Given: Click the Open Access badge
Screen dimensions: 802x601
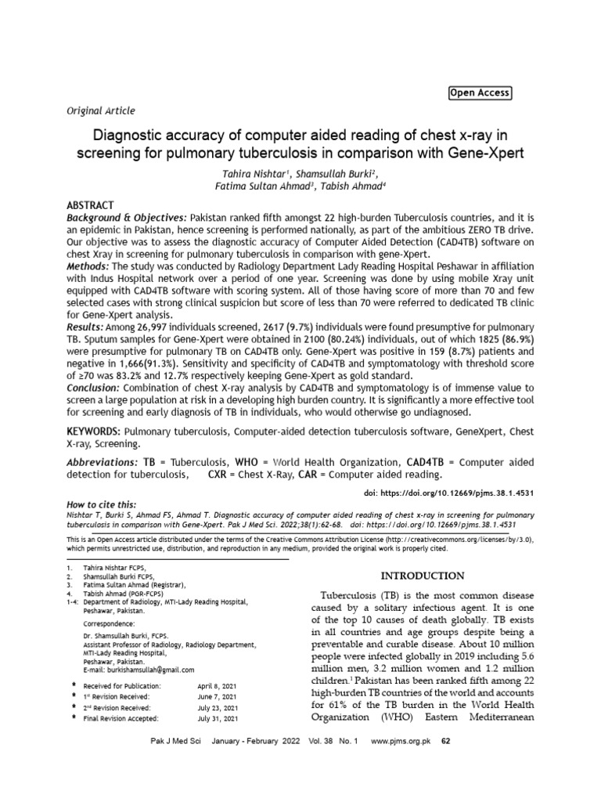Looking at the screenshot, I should coord(479,93).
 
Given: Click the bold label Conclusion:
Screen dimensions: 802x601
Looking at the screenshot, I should coord(91,388).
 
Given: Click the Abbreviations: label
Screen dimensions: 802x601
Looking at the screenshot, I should coord(100,462).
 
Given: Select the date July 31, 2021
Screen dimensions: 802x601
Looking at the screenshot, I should coord(218,717).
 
